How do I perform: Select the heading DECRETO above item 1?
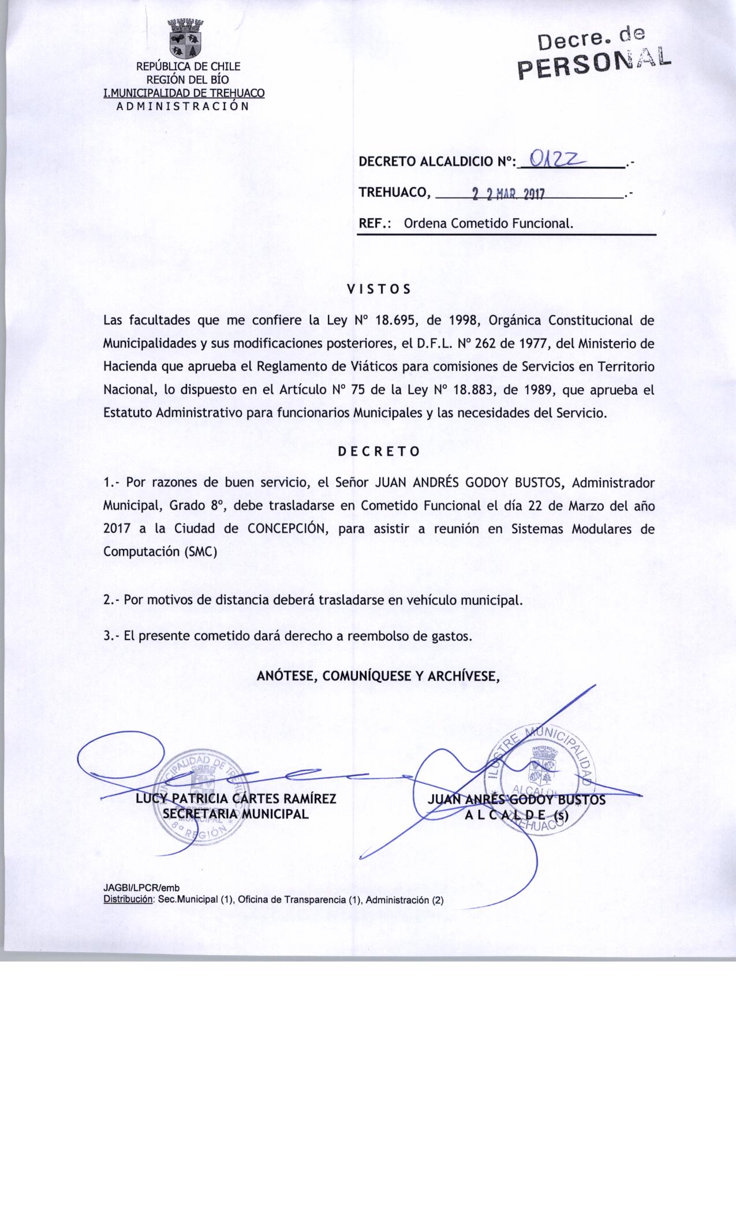tap(378, 452)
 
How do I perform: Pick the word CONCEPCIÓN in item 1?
tap(288, 528)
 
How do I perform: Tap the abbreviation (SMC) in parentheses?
tap(200, 551)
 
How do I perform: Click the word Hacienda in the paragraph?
tap(129, 366)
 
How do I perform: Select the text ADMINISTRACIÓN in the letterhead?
tap(183, 106)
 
